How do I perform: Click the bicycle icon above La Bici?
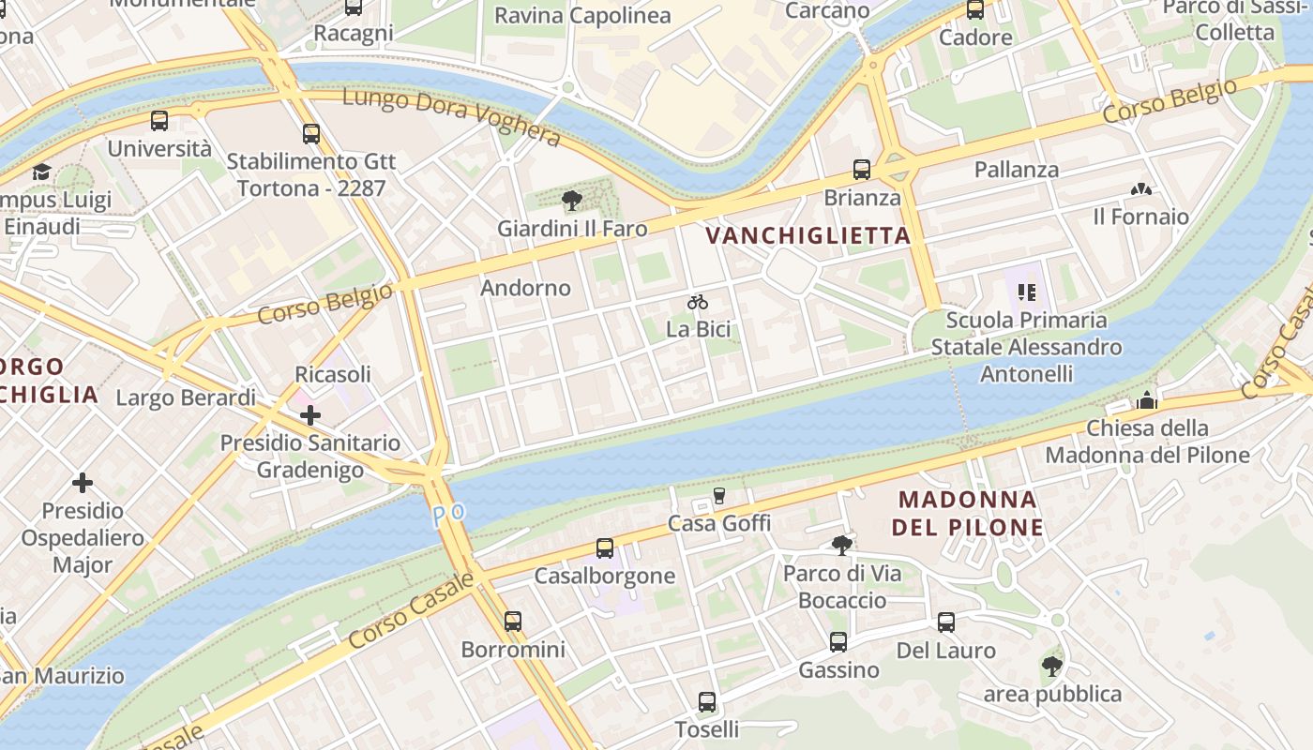click(697, 302)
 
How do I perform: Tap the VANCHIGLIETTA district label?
click(807, 235)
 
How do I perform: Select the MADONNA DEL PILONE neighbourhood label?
click(967, 513)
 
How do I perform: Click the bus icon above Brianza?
click(861, 170)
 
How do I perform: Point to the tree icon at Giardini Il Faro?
click(571, 201)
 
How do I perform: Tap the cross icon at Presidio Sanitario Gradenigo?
click(310, 414)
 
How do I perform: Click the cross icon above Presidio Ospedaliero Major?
click(83, 483)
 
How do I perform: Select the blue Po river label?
click(448, 515)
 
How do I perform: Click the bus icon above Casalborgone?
click(605, 547)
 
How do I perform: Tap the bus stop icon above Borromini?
click(512, 621)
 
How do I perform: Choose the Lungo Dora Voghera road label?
click(451, 117)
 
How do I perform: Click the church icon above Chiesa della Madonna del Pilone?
click(1146, 401)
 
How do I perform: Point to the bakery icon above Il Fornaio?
click(1140, 189)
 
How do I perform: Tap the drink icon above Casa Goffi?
click(719, 495)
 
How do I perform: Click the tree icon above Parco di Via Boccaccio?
click(841, 545)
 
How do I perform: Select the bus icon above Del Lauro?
click(945, 622)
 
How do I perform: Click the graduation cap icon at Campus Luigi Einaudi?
click(41, 172)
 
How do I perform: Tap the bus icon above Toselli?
click(707, 701)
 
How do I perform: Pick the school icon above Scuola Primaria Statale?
click(1026, 292)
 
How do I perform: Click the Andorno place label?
click(525, 288)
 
